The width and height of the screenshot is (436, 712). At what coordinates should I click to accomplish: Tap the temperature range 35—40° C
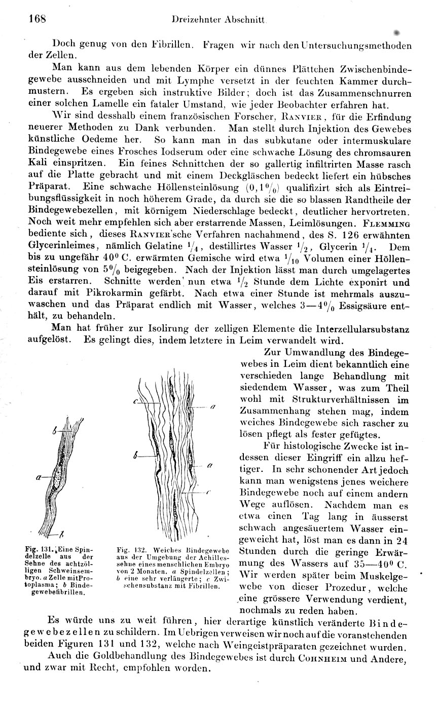click(381, 563)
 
